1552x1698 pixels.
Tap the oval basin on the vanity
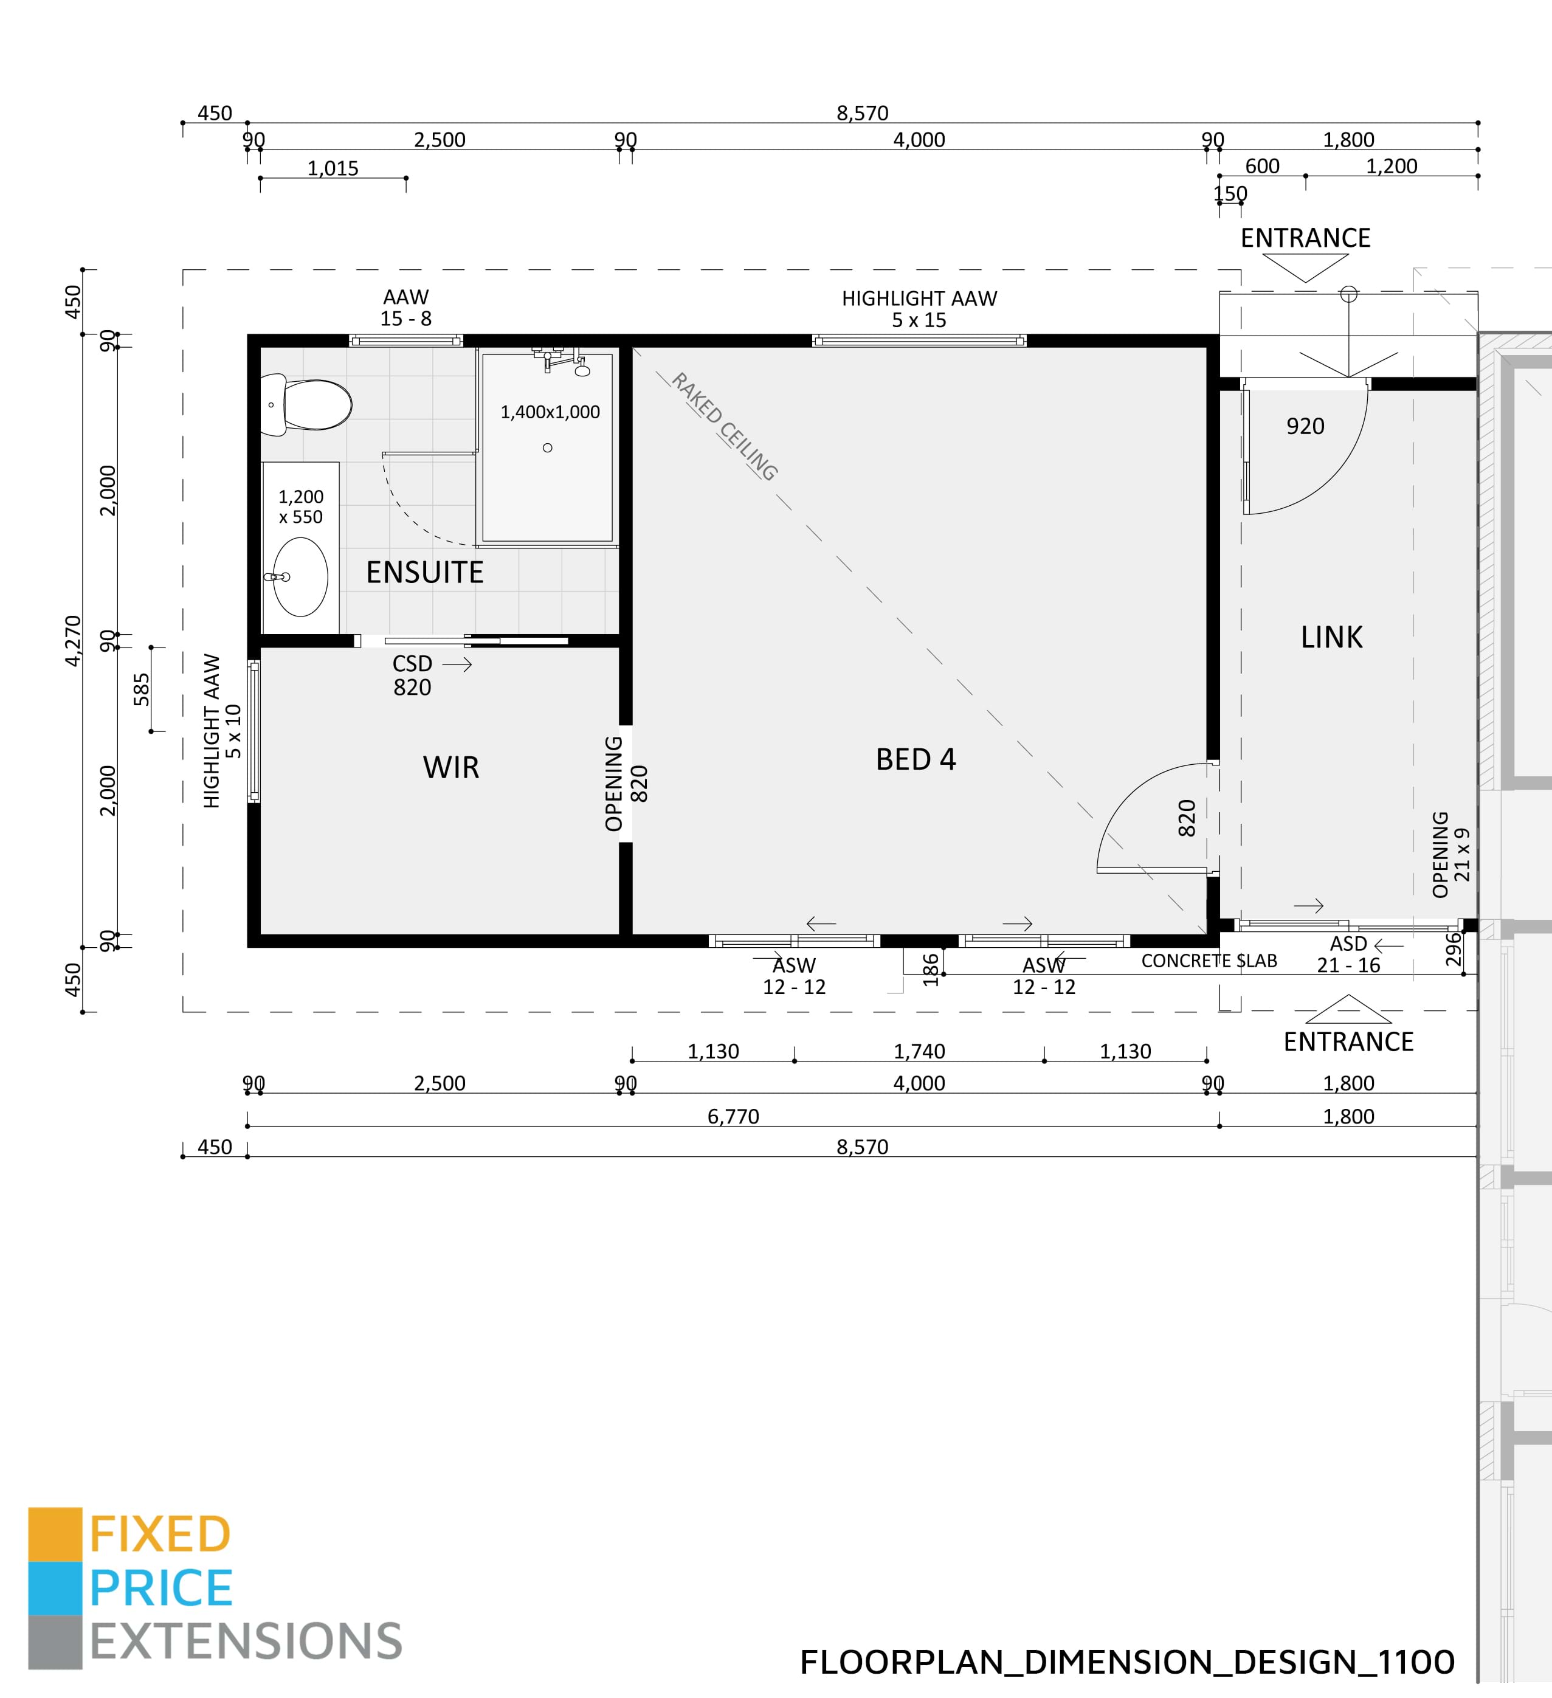coord(301,577)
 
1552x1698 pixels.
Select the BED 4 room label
coord(916,760)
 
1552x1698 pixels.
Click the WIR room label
coord(450,767)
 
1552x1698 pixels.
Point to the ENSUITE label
coord(424,573)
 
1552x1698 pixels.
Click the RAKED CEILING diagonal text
coord(724,426)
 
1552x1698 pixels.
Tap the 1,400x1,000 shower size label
coord(550,412)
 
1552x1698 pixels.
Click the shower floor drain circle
coord(547,448)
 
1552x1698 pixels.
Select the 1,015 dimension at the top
coord(333,168)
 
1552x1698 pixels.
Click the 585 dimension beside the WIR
coord(142,689)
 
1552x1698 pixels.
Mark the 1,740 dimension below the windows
coord(919,1051)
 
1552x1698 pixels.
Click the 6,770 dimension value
coord(733,1116)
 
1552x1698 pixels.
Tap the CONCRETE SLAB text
coord(1209,961)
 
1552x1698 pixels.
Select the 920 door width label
coord(1305,426)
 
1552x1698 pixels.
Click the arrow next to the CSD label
coord(457,664)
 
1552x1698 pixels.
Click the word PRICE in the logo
coord(161,1589)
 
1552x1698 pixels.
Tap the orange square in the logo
coord(55,1534)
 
